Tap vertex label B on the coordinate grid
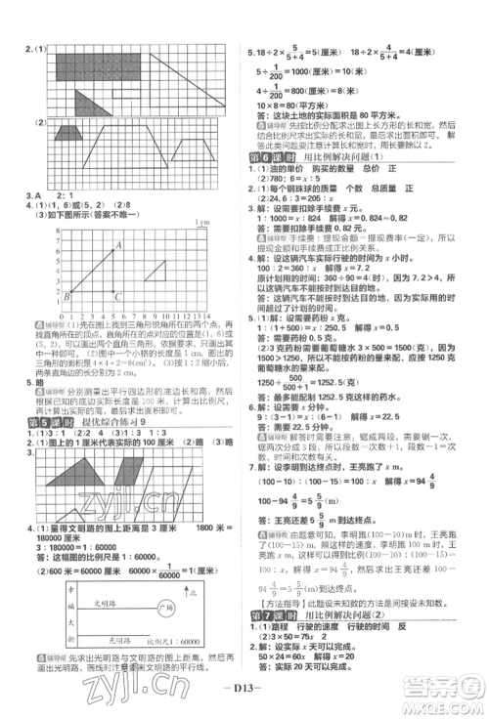(x=67, y=295)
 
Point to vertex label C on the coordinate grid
(x=118, y=296)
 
